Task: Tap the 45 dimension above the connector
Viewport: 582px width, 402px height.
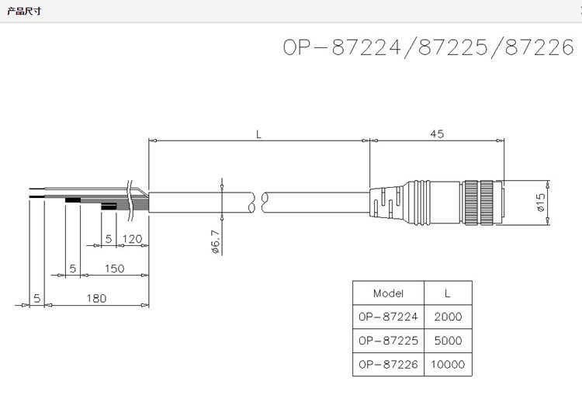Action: click(436, 134)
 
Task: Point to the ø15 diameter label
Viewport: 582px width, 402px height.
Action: click(541, 203)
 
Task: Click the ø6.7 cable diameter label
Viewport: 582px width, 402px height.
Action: click(216, 241)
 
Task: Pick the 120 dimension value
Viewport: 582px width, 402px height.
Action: click(132, 239)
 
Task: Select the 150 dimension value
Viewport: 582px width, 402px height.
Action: click(114, 269)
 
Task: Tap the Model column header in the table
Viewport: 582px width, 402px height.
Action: click(389, 293)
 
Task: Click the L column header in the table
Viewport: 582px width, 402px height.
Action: click(447, 293)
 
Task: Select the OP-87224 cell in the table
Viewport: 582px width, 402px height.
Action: click(389, 317)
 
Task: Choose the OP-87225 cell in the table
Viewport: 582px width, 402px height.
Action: click(389, 340)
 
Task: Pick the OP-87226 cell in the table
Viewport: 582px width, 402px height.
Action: click(389, 364)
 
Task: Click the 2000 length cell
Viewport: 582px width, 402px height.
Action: click(448, 317)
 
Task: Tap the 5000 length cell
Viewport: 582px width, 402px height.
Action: click(448, 340)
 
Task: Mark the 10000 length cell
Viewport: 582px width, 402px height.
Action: click(448, 364)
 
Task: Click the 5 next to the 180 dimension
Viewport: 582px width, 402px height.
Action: click(36, 298)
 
